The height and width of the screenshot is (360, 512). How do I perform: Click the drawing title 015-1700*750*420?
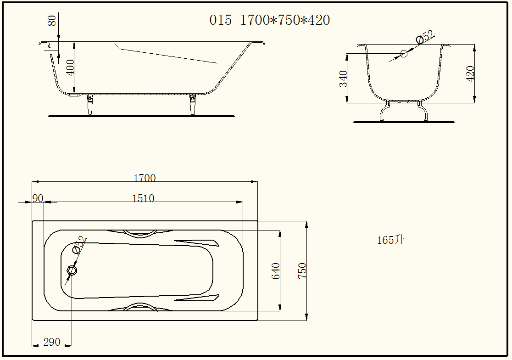[x=269, y=20]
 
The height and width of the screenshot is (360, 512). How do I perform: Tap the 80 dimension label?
[x=52, y=21]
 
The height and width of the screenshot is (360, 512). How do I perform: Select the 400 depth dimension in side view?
[x=70, y=67]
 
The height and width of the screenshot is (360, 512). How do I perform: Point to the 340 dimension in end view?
[x=343, y=79]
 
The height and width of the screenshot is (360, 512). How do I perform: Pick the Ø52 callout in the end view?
[x=425, y=37]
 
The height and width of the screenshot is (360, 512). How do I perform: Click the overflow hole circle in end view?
[x=404, y=54]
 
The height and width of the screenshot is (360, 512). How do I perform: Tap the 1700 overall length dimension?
[x=145, y=178]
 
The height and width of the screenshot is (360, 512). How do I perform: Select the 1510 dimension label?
[x=143, y=198]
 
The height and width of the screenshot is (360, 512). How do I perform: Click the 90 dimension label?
[x=38, y=198]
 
